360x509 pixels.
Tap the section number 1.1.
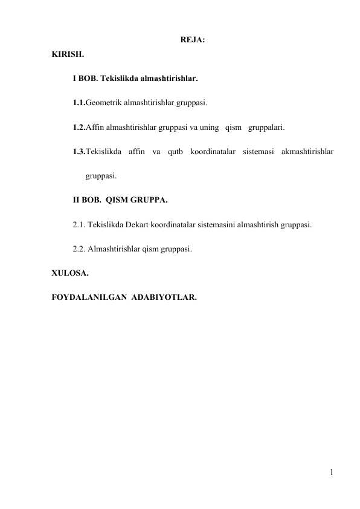pyautogui.click(x=79, y=103)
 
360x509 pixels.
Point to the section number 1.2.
pyautogui.click(x=79, y=128)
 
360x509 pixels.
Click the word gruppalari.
pyautogui.click(x=266, y=128)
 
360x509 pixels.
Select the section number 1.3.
pyautogui.click(x=79, y=152)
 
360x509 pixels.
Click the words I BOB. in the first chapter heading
pyautogui.click(x=85, y=79)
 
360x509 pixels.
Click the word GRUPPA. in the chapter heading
pyautogui.click(x=151, y=201)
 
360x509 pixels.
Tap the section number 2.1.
pyautogui.click(x=79, y=225)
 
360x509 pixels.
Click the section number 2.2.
pyautogui.click(x=79, y=249)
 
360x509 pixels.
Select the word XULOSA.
pyautogui.click(x=70, y=273)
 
